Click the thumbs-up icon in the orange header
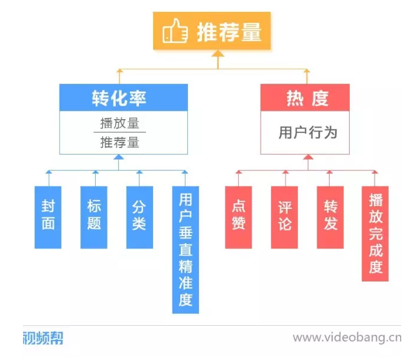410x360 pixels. [x=174, y=31]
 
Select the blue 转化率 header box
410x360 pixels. [x=123, y=97]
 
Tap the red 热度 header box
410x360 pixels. [x=305, y=97]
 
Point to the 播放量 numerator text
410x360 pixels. [x=119, y=123]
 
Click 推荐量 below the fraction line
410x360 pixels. [x=119, y=142]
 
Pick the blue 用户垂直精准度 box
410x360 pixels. [x=186, y=250]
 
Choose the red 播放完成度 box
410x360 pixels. [x=375, y=234]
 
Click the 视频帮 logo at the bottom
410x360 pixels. [x=43, y=338]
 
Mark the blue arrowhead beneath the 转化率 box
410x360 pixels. [x=119, y=158]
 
